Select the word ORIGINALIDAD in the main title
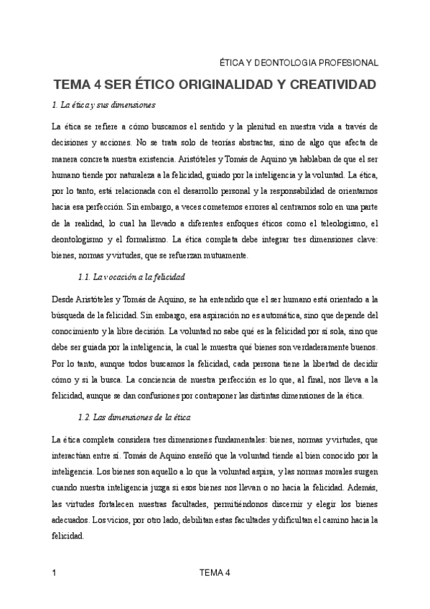point(212,85)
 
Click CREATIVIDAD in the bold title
point(327,85)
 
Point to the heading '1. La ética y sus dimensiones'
point(104,106)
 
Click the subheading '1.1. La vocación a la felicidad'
point(131,276)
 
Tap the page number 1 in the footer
point(55,572)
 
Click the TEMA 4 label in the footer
point(215,572)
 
